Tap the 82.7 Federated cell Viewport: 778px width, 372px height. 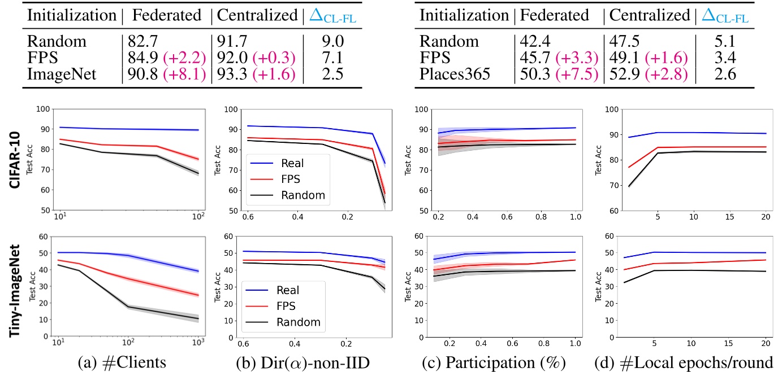pyautogui.click(x=140, y=42)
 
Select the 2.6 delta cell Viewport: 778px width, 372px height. pyautogui.click(x=724, y=74)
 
